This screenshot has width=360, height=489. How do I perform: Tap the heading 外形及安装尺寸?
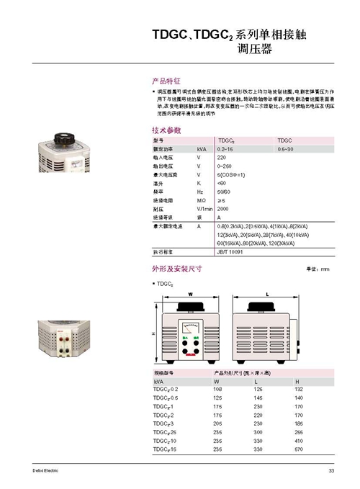coord(176,269)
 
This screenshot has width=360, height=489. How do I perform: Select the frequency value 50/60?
coord(224,192)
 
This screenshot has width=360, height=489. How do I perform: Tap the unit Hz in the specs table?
coord(200,192)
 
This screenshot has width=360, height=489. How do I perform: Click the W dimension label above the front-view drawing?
coord(191,295)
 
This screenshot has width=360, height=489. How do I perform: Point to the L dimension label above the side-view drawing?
coord(267,295)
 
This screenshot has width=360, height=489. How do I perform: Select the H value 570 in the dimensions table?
coord(298,449)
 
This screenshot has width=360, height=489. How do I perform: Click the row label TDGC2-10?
coord(165,441)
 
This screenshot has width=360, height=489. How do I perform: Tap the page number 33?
coord(331,472)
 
